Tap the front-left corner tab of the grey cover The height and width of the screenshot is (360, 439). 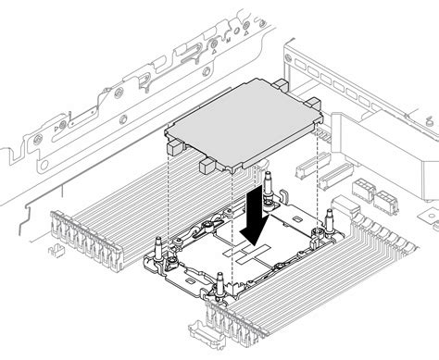coord(174,146)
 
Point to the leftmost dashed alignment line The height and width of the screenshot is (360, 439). coord(168,194)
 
